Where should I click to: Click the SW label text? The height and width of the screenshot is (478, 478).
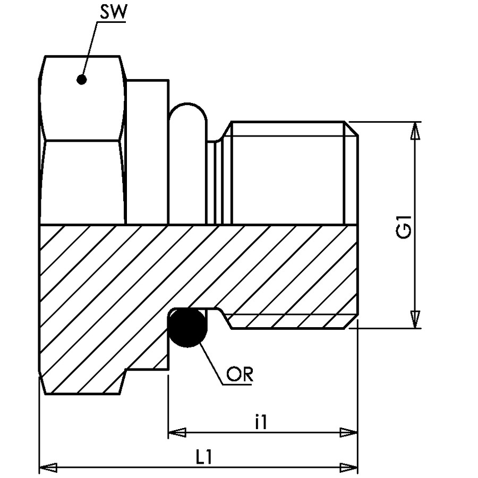click(113, 13)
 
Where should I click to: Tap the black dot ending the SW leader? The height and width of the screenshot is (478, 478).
click(81, 80)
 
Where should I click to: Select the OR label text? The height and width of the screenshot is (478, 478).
click(240, 374)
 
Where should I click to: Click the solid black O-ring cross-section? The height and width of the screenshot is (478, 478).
click(188, 328)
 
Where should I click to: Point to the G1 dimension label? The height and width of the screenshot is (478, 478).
click(404, 227)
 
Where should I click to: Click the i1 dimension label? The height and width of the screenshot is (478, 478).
click(261, 423)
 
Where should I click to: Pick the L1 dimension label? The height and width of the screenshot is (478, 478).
click(203, 457)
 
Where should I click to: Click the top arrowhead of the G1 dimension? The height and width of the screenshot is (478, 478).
click(415, 131)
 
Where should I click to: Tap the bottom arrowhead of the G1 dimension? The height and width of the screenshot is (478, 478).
click(415, 320)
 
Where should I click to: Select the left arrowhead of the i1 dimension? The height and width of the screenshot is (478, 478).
click(177, 432)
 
